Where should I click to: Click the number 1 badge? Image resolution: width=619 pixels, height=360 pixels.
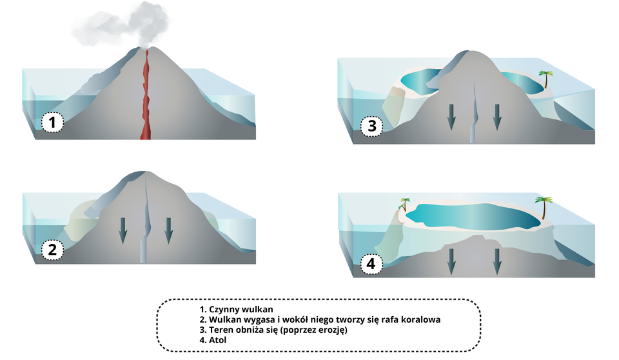53,121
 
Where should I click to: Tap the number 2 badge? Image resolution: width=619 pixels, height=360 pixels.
53,250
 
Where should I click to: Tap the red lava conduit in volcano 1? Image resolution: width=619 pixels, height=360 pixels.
146,97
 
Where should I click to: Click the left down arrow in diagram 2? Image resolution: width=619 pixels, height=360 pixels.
123,231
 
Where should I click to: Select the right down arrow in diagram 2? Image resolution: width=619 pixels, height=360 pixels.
168,231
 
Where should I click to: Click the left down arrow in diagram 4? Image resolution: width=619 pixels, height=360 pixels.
451,261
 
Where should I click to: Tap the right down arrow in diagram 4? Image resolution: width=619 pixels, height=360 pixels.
496,261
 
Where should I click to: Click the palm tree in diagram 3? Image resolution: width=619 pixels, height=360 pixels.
546,79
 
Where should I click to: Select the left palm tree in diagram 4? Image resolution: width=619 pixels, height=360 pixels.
405,205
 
